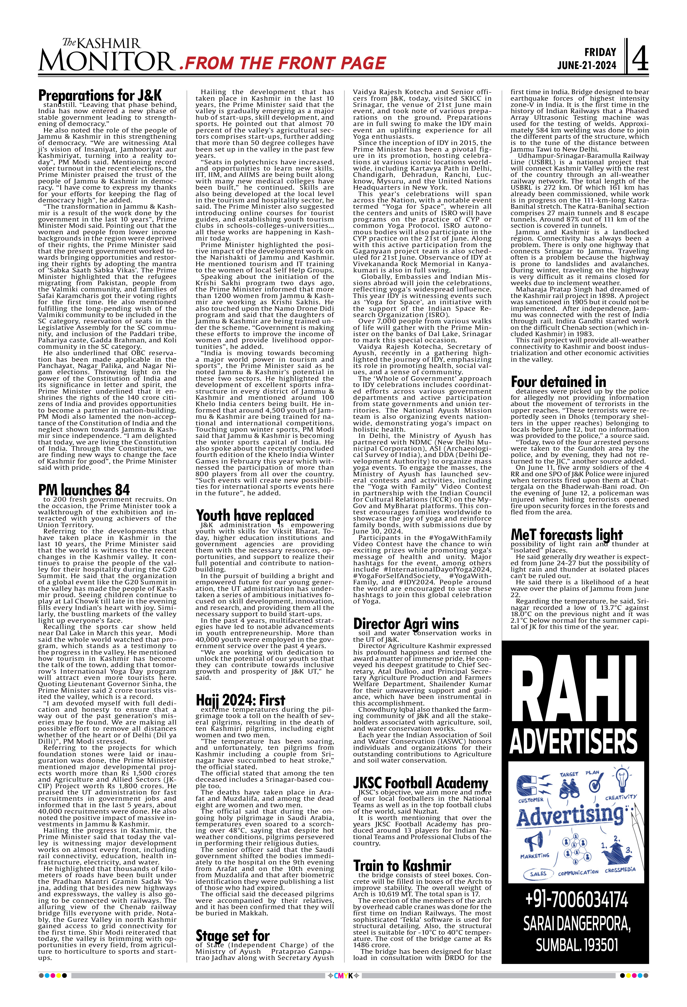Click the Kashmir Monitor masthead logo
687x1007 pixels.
click(x=106, y=55)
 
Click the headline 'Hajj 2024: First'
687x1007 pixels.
click(x=241, y=700)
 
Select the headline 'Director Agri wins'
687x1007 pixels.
click(x=406, y=624)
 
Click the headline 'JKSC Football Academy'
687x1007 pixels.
click(x=420, y=783)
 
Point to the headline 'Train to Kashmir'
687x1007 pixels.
click(x=402, y=866)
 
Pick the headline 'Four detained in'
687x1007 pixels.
click(x=559, y=382)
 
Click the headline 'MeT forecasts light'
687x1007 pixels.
click(x=566, y=535)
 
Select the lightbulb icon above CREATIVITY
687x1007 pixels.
click(x=622, y=779)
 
